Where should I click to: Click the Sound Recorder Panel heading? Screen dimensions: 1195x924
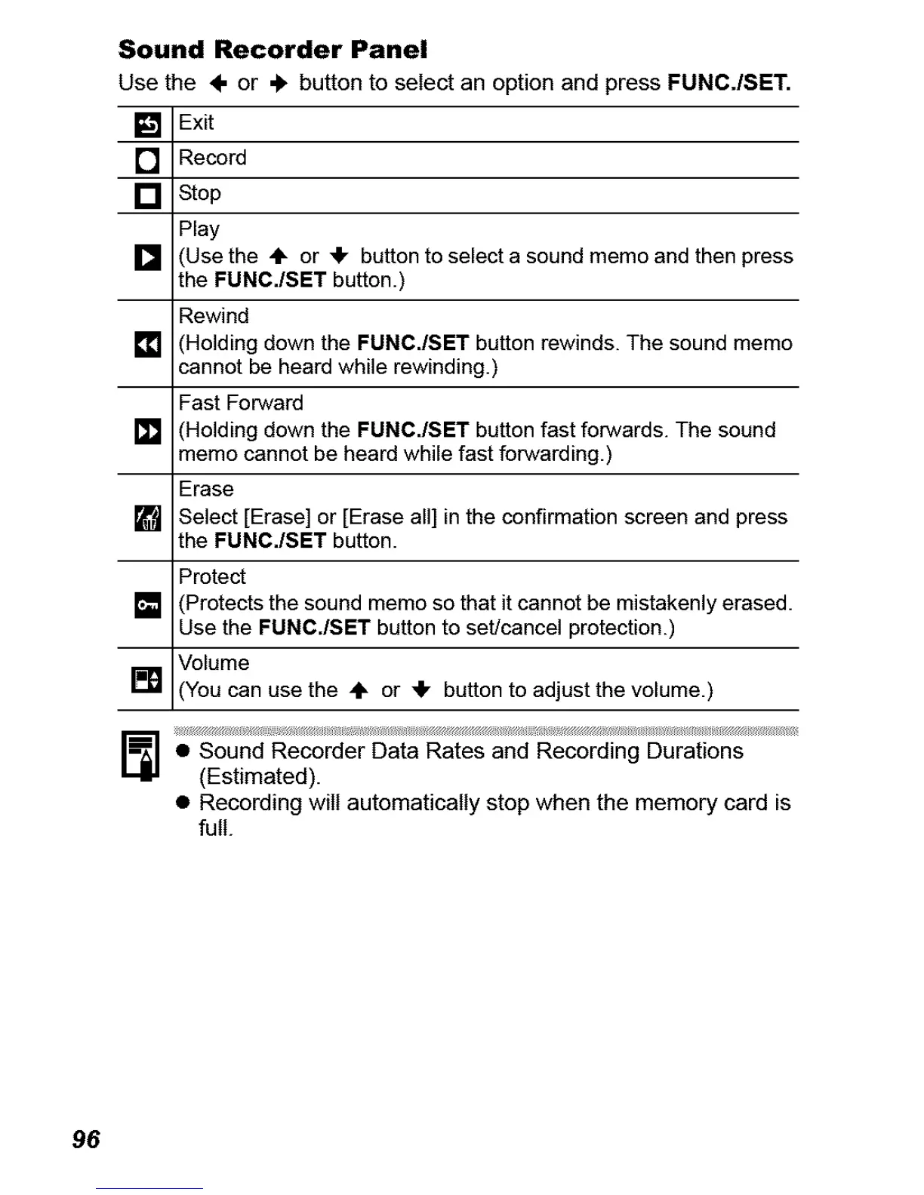(273, 50)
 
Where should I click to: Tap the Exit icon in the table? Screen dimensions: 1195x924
(147, 124)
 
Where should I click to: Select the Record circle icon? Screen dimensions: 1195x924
(147, 160)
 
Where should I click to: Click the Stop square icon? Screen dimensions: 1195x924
(147, 195)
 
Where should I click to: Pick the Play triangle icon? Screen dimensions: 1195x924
(147, 257)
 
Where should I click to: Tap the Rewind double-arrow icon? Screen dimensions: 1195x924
(147, 345)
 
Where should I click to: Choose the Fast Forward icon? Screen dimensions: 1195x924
(147, 432)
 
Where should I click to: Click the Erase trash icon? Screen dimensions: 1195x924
(147, 518)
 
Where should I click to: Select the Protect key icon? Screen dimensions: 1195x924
(147, 605)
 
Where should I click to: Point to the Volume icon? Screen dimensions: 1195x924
(147, 680)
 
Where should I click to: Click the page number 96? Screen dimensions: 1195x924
(86, 1139)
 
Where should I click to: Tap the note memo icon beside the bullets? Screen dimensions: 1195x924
(140, 755)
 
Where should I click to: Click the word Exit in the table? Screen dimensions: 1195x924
(196, 122)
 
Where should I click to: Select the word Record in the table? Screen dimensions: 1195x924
(212, 158)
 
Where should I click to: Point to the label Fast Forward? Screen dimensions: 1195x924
(241, 403)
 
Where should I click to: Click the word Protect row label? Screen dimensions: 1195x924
(212, 576)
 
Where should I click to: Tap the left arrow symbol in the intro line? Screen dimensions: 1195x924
(218, 84)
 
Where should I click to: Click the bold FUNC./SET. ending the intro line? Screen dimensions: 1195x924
(728, 82)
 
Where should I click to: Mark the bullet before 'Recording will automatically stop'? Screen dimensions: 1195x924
(182, 803)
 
